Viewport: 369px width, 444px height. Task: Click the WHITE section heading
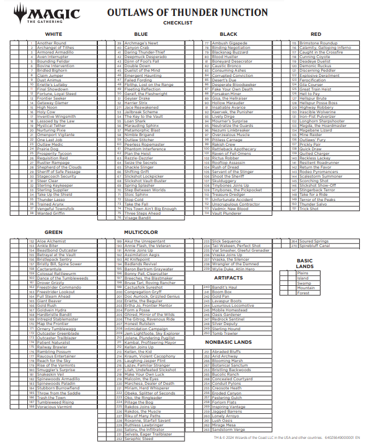click(x=54, y=34)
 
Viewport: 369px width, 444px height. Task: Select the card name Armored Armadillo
click(x=55, y=52)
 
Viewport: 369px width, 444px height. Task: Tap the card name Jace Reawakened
click(x=141, y=108)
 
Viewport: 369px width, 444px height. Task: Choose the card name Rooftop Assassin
click(x=228, y=163)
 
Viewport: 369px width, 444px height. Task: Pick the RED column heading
click(x=315, y=34)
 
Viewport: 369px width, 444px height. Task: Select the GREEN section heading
click(x=54, y=232)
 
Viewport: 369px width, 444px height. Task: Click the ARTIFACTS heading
click(x=228, y=278)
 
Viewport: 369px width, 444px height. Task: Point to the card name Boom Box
click(x=222, y=292)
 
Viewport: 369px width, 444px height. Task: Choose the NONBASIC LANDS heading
click(x=228, y=342)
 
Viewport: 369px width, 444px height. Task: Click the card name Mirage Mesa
click(x=223, y=425)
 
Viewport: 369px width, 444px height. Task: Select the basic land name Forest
click(x=304, y=293)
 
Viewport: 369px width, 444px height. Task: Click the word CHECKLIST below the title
click(x=178, y=23)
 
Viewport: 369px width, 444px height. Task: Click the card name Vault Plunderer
click(x=227, y=213)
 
